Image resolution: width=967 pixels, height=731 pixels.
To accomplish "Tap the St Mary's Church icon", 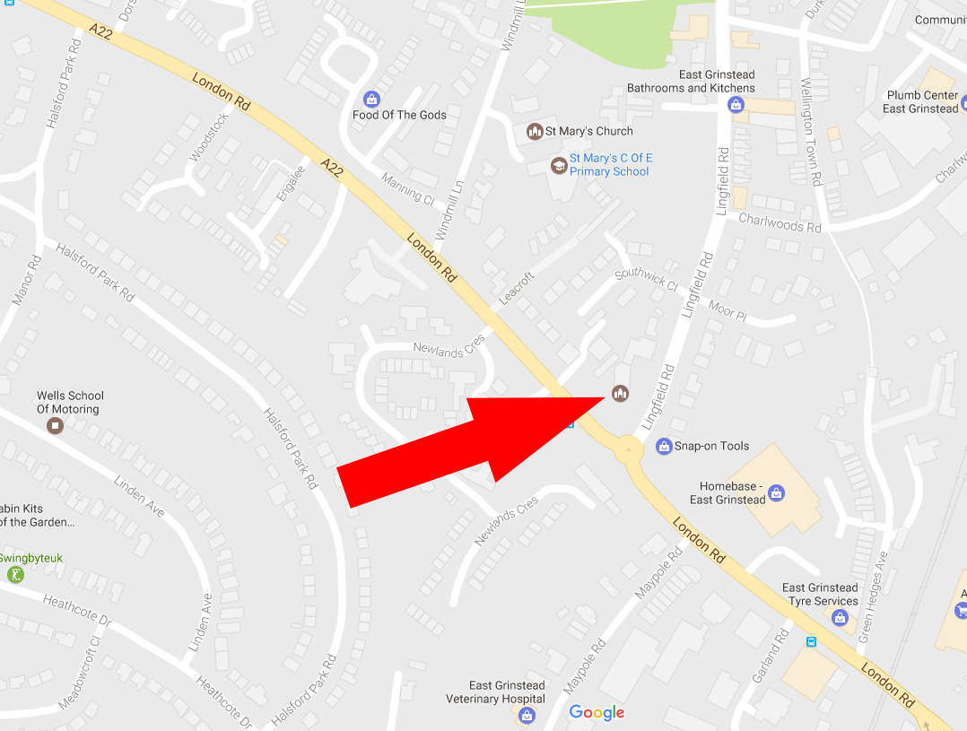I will click(535, 132).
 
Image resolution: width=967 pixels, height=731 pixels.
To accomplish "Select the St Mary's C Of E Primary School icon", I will click(559, 165).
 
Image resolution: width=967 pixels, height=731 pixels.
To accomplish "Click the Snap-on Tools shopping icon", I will click(664, 446).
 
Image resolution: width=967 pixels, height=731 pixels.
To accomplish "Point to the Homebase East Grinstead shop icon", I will click(777, 492).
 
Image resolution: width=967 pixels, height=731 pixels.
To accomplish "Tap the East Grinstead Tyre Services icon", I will click(840, 617).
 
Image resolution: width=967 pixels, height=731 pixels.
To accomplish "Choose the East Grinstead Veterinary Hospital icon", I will click(527, 715).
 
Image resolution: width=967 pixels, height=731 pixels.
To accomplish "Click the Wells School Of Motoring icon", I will click(56, 425).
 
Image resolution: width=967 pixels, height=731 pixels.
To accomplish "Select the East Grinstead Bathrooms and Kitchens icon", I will click(736, 105).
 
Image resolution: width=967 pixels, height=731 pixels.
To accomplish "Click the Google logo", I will click(597, 713).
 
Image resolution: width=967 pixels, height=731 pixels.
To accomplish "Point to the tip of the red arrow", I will click(602, 397).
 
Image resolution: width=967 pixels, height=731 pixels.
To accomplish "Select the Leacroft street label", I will click(517, 288).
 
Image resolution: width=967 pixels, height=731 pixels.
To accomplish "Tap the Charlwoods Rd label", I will click(780, 223).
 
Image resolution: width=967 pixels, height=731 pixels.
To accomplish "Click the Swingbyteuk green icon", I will click(14, 574).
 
